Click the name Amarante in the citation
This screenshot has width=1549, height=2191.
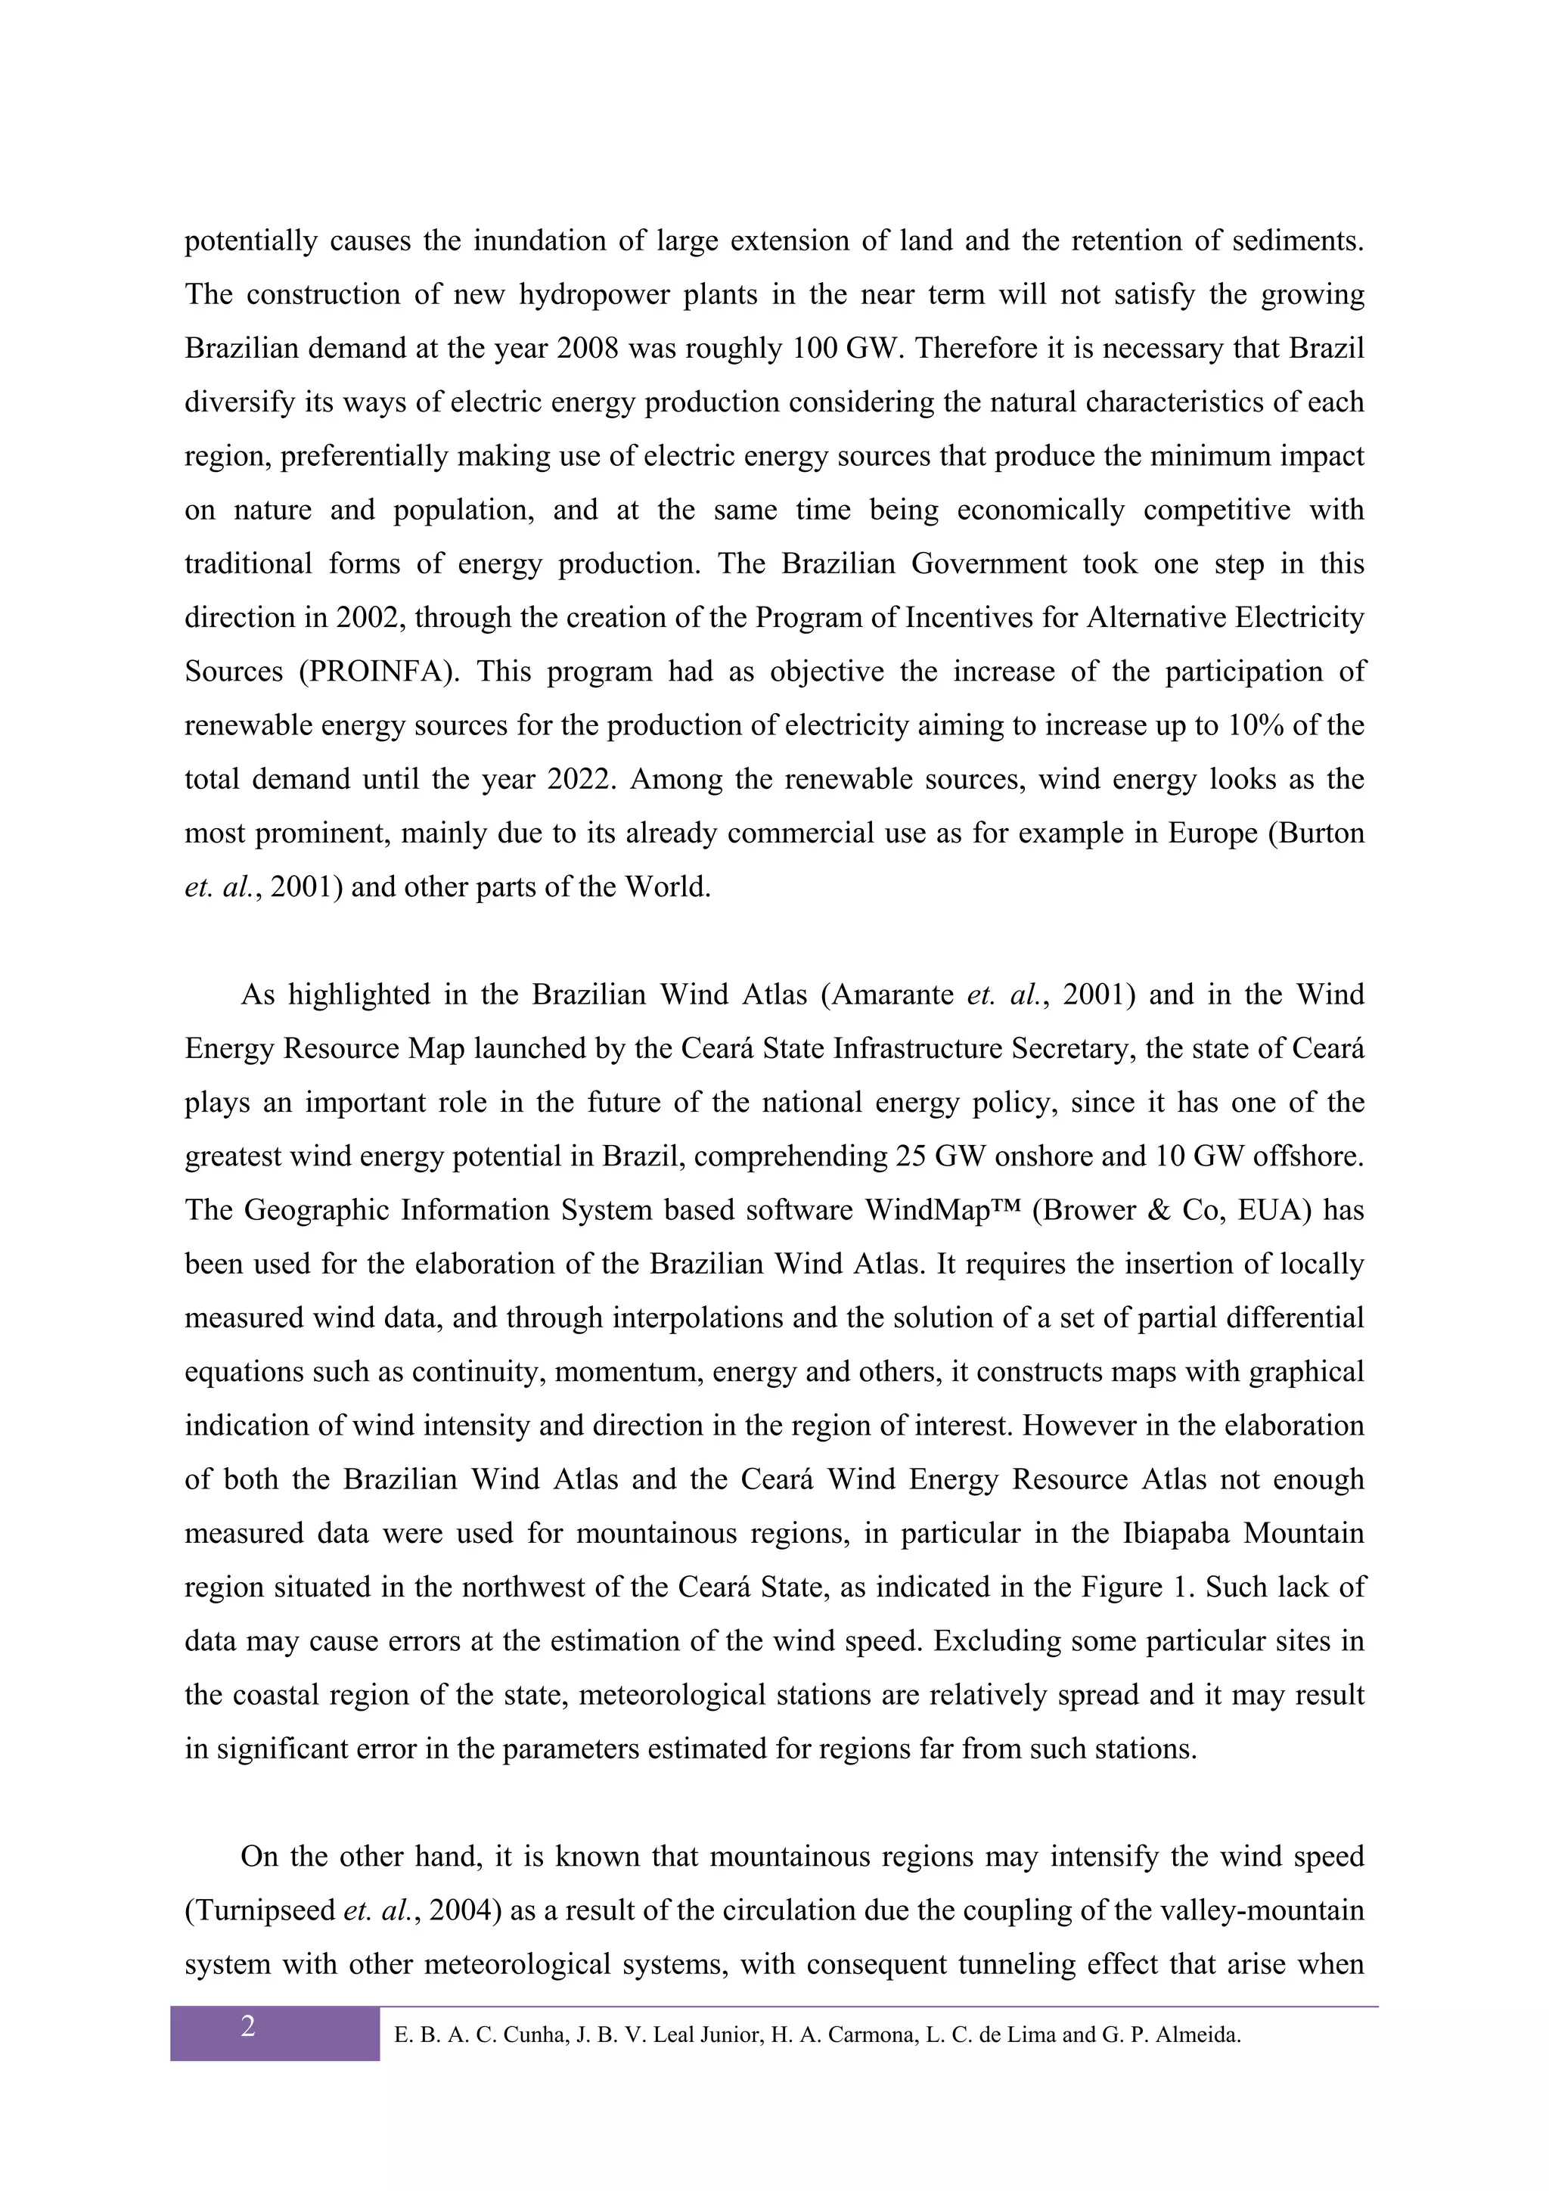click(x=892, y=995)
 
